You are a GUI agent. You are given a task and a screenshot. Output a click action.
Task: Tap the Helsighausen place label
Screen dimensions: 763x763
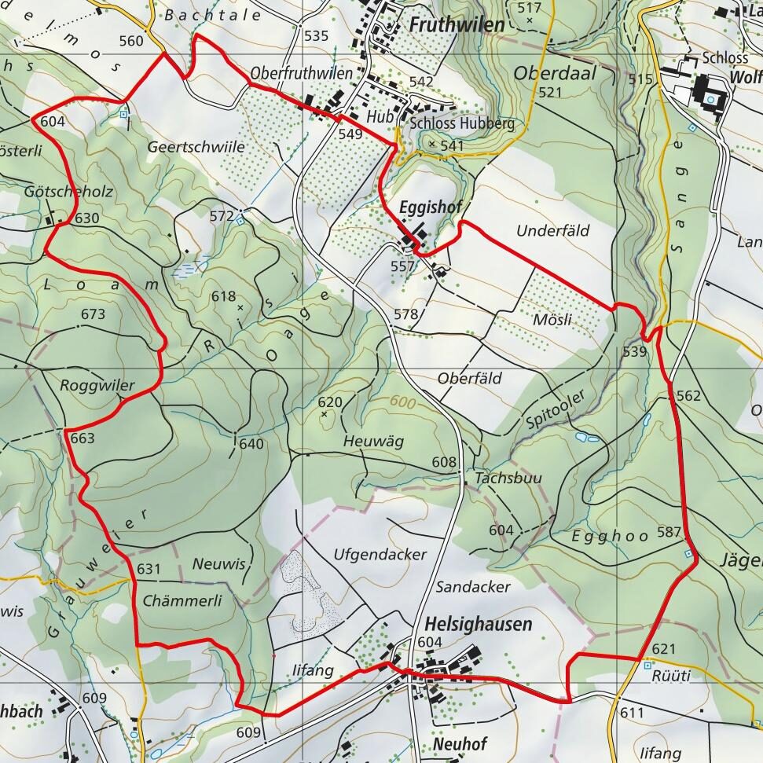[x=478, y=624]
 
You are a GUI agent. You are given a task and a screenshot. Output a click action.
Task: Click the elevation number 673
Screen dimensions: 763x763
[x=93, y=314]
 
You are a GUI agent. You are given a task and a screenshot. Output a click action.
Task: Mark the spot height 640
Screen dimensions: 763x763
[x=251, y=444]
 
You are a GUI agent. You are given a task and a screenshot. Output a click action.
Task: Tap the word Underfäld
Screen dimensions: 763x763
[x=552, y=231]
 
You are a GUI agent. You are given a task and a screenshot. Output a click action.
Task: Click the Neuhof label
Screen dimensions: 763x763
[x=460, y=743]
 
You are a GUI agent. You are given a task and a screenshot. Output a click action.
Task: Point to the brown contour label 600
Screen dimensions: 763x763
[x=402, y=402]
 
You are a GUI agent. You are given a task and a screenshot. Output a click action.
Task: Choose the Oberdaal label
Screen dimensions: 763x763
[x=555, y=73]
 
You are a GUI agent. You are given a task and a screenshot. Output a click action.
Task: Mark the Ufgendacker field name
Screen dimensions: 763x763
[x=380, y=555]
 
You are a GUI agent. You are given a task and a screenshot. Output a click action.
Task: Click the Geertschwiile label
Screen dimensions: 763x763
[x=196, y=147]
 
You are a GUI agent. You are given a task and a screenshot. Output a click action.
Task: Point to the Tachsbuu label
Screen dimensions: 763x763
[x=508, y=479]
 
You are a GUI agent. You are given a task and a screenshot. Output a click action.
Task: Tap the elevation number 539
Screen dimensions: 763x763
[x=634, y=352]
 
